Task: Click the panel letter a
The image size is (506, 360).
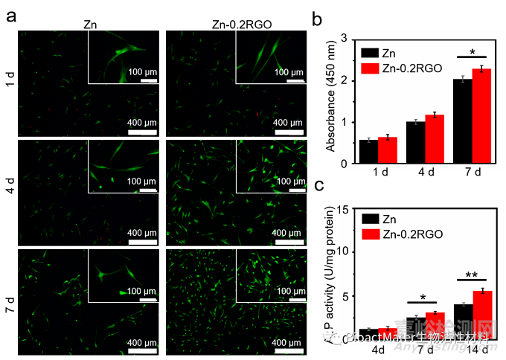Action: pos(11,16)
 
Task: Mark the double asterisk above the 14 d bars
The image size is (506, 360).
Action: pos(472,275)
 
